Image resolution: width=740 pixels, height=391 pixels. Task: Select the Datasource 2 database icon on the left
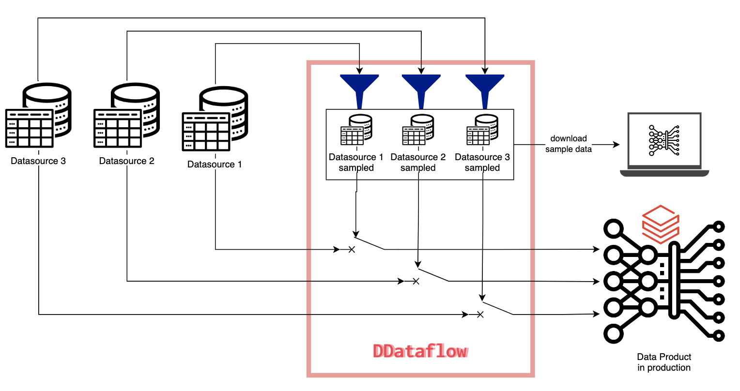pos(126,116)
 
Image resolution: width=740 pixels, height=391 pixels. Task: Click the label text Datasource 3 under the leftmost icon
pos(38,161)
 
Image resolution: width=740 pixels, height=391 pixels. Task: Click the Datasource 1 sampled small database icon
pos(356,130)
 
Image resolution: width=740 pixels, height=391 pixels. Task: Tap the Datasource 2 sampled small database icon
pos(418,130)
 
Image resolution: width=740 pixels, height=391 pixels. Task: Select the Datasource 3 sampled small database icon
pos(482,130)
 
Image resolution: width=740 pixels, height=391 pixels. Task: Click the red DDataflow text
pos(420,351)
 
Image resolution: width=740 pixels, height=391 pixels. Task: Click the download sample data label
pos(569,144)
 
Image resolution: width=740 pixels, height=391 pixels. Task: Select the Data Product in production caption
pos(663,362)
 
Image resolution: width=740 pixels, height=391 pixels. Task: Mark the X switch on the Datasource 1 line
pos(352,250)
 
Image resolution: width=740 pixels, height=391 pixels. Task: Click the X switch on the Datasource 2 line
pos(416,281)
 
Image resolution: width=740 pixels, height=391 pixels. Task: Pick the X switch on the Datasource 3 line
pos(480,315)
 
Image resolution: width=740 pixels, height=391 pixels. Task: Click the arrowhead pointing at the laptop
pos(616,145)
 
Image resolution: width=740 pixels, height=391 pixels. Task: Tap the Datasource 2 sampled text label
pos(418,163)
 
